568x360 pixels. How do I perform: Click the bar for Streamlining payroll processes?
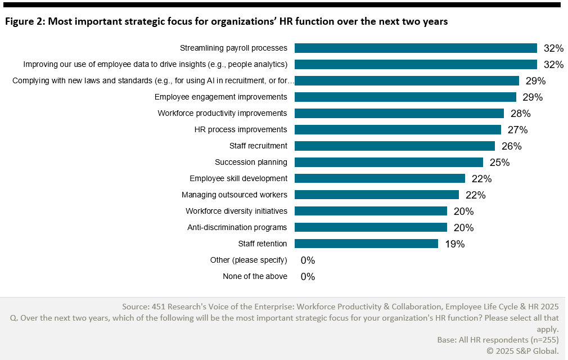coord(416,48)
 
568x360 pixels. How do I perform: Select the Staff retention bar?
coord(366,244)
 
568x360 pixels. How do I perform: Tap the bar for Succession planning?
coord(389,162)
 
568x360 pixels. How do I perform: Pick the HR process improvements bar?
coord(398,129)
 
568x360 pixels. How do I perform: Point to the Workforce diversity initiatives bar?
coord(371,211)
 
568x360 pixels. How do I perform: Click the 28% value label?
coord(520,114)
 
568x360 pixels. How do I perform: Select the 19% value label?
coord(454,244)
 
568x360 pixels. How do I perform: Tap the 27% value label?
coord(517,130)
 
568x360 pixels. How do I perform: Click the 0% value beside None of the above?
coord(308,277)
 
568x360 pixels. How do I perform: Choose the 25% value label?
coord(499,163)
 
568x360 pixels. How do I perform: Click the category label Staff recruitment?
coord(258,146)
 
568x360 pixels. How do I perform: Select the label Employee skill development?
coord(238,178)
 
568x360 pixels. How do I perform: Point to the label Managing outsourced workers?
coord(234,195)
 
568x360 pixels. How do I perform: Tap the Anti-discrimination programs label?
coord(237,227)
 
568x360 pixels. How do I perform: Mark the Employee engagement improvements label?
coord(221,97)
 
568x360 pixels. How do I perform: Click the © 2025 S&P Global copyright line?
coord(522,350)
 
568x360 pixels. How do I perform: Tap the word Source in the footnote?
coord(136,307)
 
